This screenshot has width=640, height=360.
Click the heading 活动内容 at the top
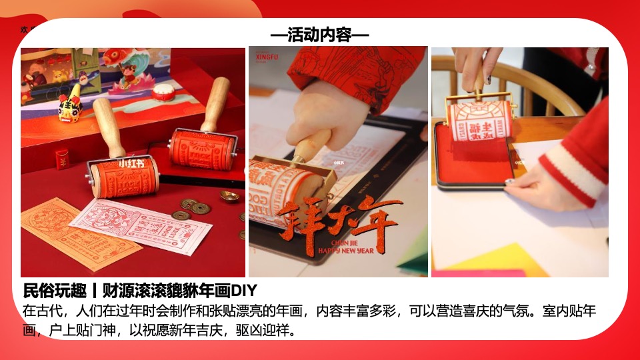coord(320,35)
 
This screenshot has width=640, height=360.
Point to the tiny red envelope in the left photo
coord(61,160)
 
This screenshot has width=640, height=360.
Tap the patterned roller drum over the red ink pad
coord(479,121)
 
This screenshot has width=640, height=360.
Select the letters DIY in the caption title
coord(244,291)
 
